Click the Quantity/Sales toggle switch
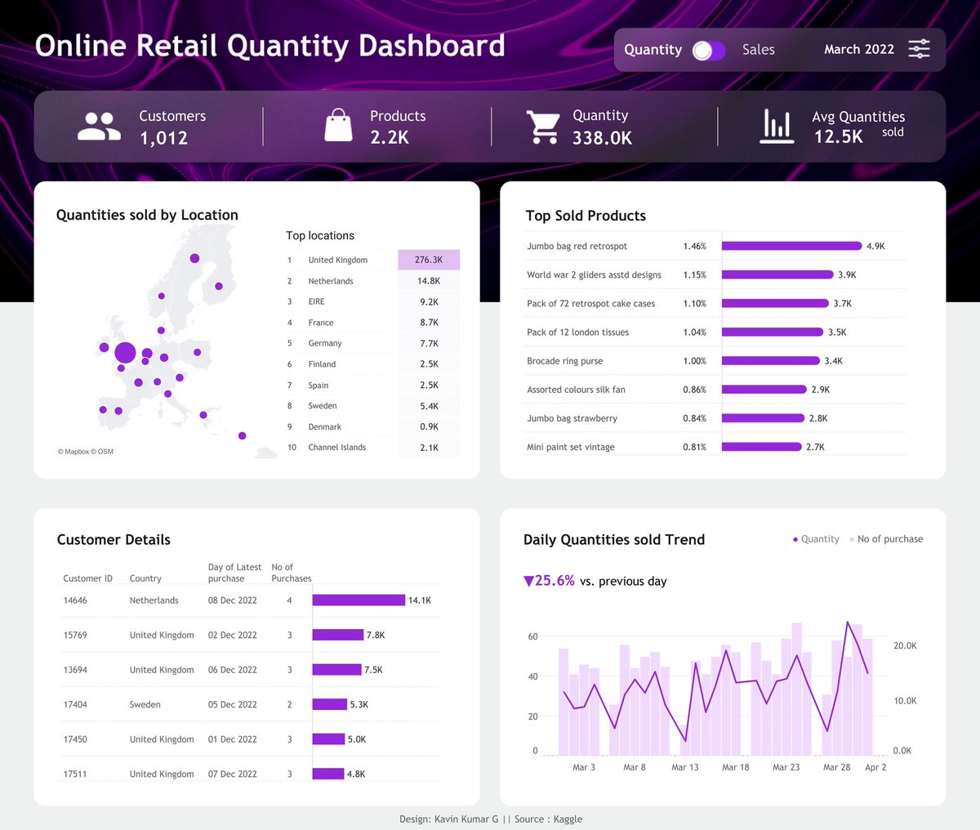click(x=708, y=51)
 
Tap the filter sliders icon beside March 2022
click(x=919, y=49)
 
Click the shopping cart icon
click(x=543, y=127)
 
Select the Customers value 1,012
click(x=163, y=138)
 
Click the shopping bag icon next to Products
click(x=338, y=127)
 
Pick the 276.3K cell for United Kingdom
click(x=429, y=260)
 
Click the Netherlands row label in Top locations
click(x=331, y=281)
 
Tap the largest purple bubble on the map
click(x=125, y=353)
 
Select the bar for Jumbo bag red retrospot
click(x=791, y=246)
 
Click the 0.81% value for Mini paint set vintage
click(x=694, y=447)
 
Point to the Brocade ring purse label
click(x=564, y=361)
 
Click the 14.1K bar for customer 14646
click(x=359, y=600)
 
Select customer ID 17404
click(x=75, y=704)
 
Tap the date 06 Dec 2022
click(x=232, y=670)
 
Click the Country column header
click(x=145, y=578)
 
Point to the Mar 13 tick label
click(x=684, y=767)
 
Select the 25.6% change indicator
click(x=549, y=581)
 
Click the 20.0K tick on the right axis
click(x=905, y=645)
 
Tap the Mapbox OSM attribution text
click(x=86, y=452)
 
